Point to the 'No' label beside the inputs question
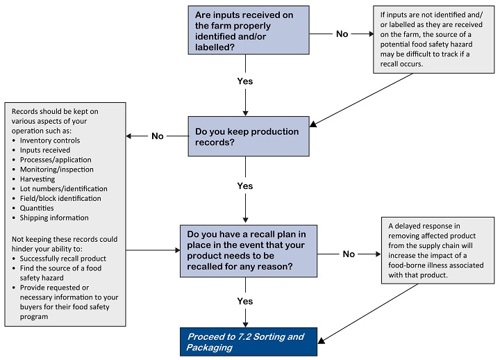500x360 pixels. [342, 33]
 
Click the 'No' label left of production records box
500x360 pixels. [158, 136]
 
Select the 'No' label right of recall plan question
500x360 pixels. [349, 254]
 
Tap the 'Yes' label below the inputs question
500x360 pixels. [244, 81]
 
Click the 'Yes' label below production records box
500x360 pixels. [244, 186]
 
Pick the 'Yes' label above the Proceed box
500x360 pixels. [244, 302]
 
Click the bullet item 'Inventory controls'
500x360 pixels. [50, 140]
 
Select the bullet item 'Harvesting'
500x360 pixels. [37, 179]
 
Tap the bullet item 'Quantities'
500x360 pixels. [37, 208]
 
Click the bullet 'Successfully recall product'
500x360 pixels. [64, 258]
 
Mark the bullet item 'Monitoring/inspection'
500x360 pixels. [57, 169]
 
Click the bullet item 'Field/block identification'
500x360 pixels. [60, 198]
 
